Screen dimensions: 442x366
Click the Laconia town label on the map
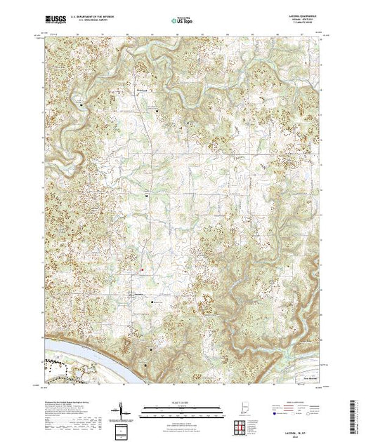(138, 293)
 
